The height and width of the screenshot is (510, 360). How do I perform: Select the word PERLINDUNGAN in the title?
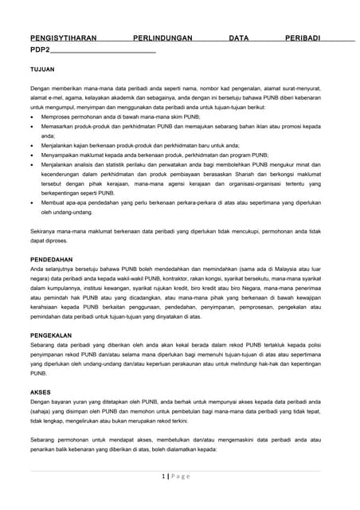pos(164,37)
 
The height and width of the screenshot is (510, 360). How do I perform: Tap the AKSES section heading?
pos(40,392)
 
